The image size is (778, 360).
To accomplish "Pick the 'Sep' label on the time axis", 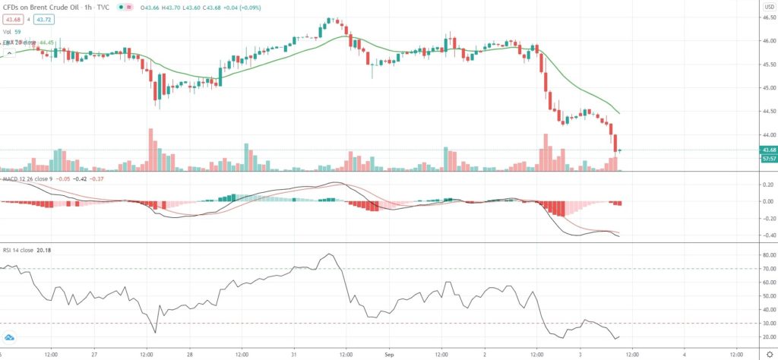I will (389, 354).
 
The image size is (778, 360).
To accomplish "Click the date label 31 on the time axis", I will (293, 354).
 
